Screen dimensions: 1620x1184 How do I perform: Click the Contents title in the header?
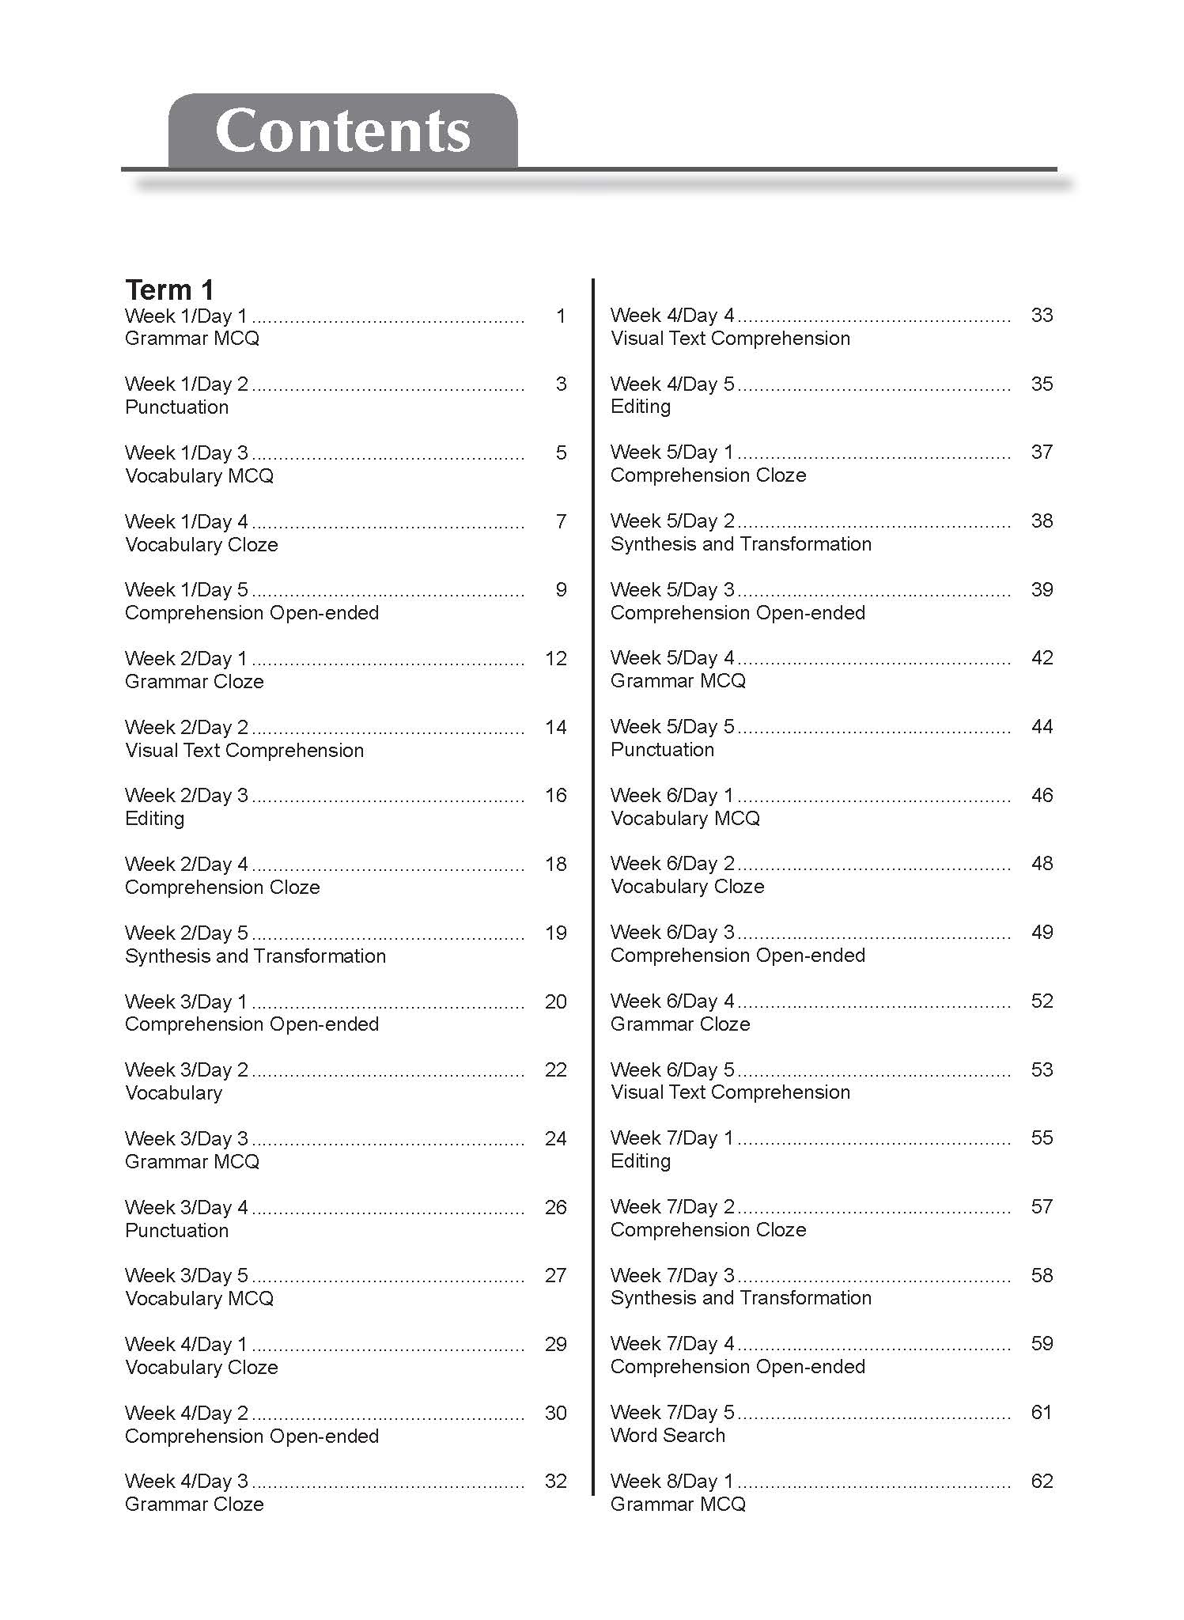point(342,131)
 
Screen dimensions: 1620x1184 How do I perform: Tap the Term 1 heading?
point(169,290)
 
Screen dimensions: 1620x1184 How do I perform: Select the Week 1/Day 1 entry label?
point(186,316)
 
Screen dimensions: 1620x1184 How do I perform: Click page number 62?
point(1042,1481)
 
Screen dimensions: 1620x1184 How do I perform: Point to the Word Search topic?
point(668,1436)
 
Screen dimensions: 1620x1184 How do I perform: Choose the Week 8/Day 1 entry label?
point(672,1482)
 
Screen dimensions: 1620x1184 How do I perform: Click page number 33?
point(1042,315)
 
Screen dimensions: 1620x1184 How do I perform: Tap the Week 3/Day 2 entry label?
point(186,1070)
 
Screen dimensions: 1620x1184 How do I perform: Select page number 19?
point(556,933)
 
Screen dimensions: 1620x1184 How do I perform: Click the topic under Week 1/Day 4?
point(202,545)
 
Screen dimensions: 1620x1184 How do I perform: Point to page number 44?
point(1042,726)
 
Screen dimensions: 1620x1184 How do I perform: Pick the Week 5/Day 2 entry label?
point(672,521)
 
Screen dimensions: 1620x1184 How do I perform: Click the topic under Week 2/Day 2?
point(244,751)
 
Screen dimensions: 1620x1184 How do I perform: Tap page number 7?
point(561,521)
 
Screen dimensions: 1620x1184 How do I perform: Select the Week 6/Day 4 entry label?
point(672,1001)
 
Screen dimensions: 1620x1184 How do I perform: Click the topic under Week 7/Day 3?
point(740,1298)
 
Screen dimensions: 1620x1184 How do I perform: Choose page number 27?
point(556,1275)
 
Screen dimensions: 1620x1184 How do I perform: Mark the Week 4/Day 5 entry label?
point(672,384)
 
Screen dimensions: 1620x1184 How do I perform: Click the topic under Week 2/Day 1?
point(194,682)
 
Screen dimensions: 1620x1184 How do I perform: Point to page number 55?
point(1042,1137)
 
